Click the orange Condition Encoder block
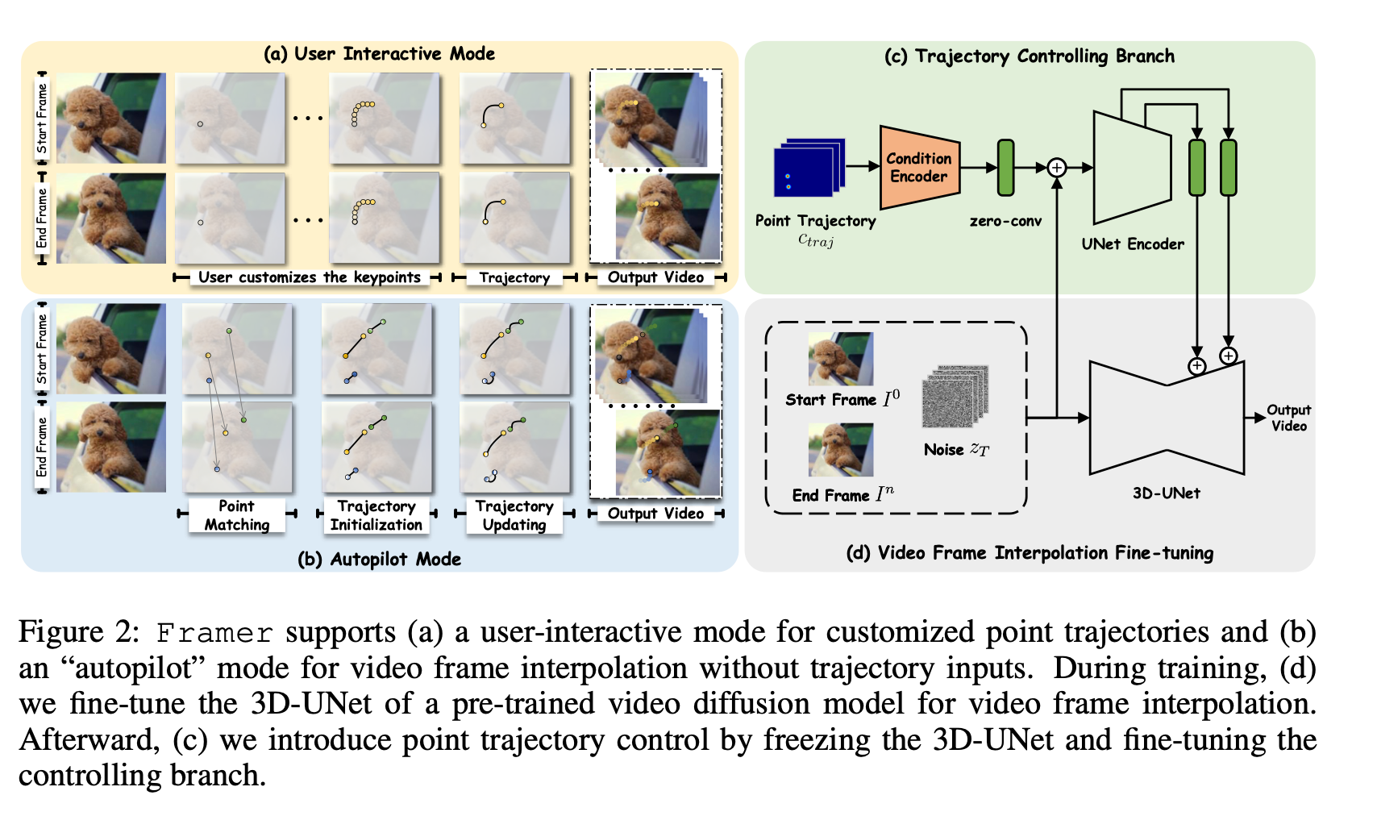pos(919,168)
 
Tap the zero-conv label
pos(1005,221)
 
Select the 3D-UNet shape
pos(1166,417)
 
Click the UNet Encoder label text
pos(1133,244)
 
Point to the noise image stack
pos(955,396)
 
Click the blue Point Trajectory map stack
pos(809,168)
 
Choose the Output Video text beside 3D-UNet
pos(1288,418)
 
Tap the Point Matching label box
pos(236,515)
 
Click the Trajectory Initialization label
pos(376,515)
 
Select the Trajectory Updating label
pos(514,515)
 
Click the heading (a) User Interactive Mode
pos(379,54)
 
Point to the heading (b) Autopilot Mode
pos(379,559)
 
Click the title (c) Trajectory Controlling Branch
pos(1029,56)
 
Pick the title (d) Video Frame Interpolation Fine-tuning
pos(1029,553)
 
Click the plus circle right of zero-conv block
pos(1056,168)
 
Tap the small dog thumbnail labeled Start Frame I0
pos(840,359)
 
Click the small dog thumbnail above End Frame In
pos(840,450)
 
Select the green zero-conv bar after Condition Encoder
pos(1005,168)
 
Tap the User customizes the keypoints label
pos(309,277)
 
